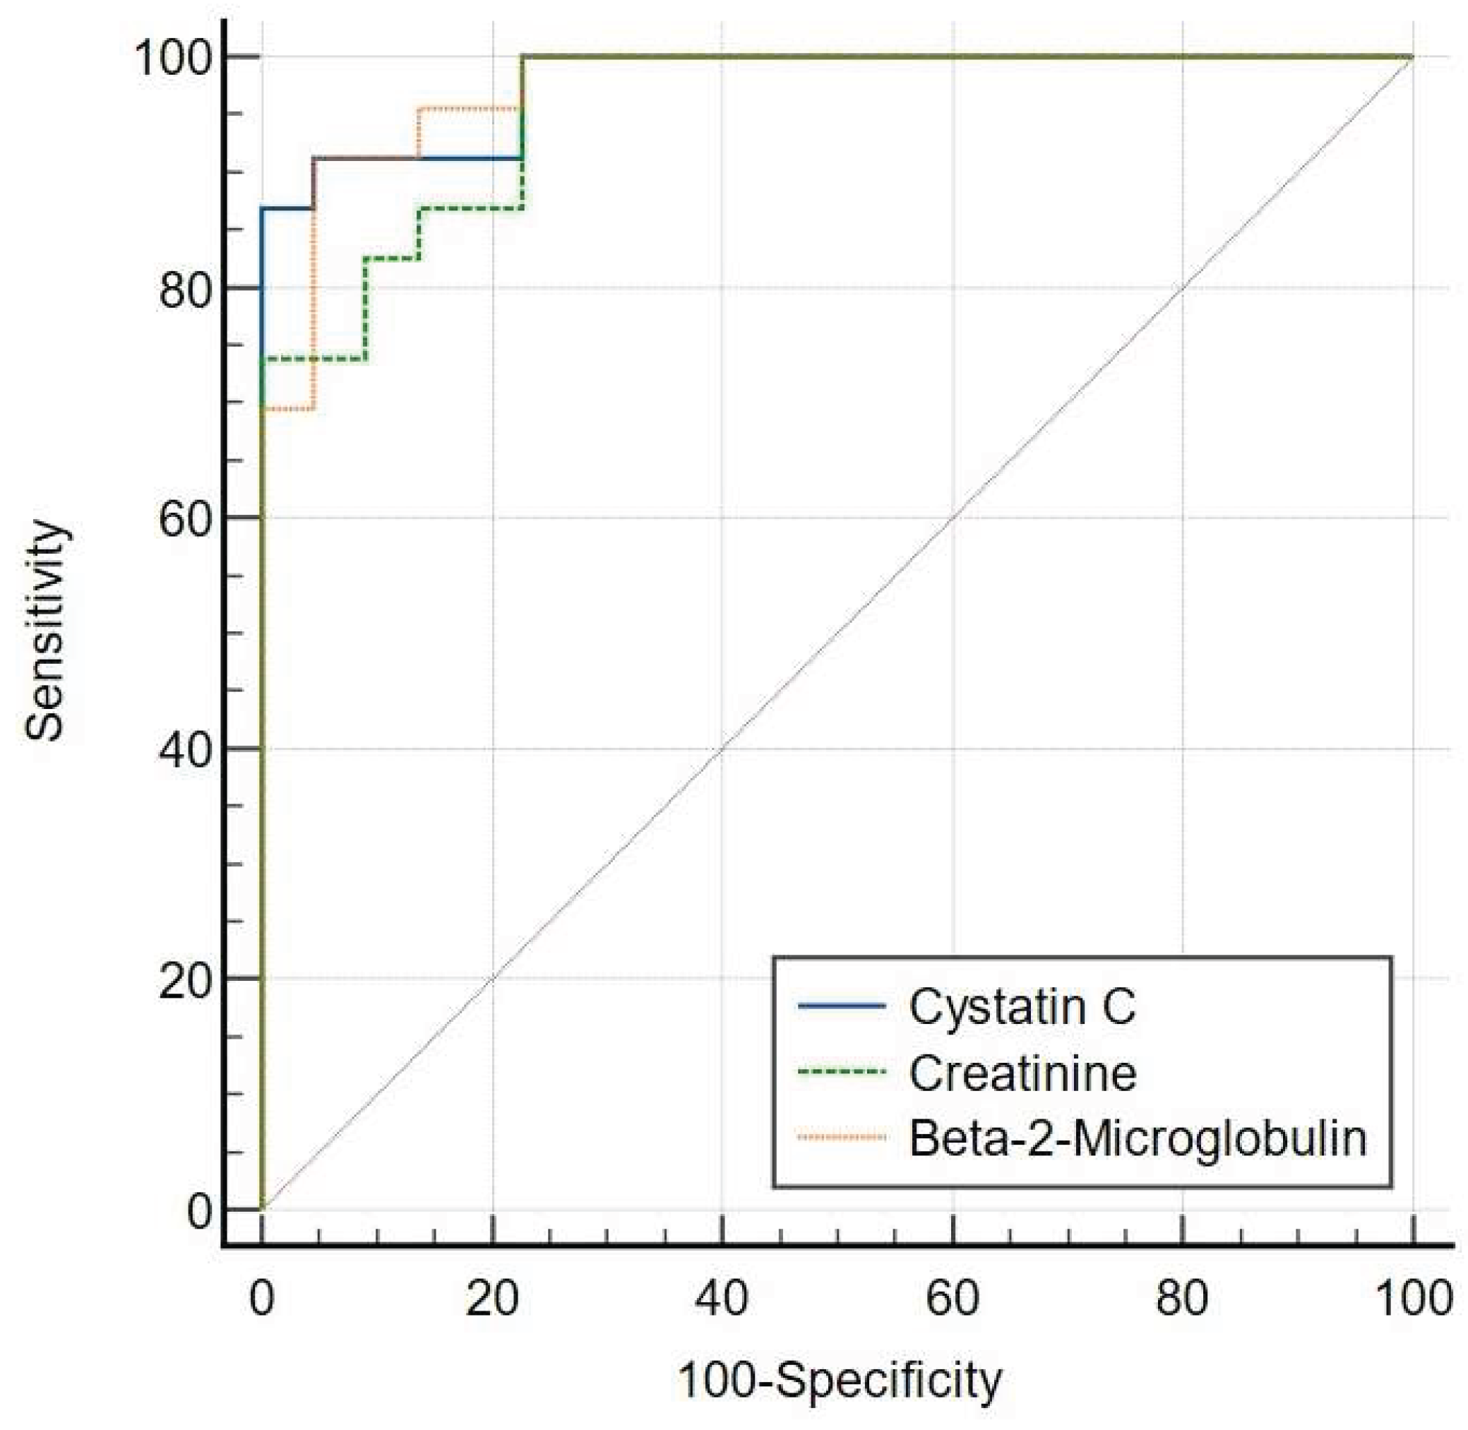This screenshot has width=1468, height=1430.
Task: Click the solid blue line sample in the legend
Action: (842, 1006)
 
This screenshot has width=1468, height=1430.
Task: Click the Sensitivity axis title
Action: (47, 631)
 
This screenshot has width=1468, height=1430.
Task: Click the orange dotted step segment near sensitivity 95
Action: (470, 109)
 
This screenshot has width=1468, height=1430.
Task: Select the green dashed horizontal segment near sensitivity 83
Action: (391, 258)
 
